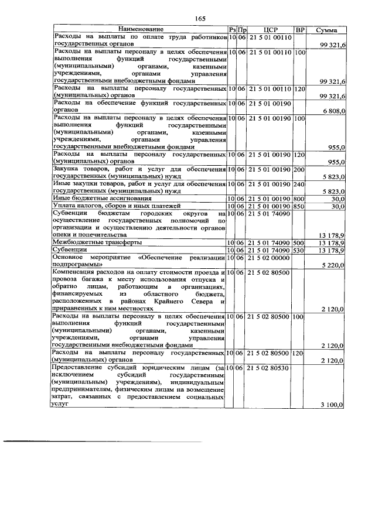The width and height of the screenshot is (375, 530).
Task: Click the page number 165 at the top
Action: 199,18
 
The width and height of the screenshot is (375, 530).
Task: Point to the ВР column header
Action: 300,29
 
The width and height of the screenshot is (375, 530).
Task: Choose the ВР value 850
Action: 300,206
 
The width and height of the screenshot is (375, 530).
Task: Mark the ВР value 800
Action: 300,199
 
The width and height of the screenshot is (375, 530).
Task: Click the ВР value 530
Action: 300,250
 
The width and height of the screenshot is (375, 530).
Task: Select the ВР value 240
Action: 300,184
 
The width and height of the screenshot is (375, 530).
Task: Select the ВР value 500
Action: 300,242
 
